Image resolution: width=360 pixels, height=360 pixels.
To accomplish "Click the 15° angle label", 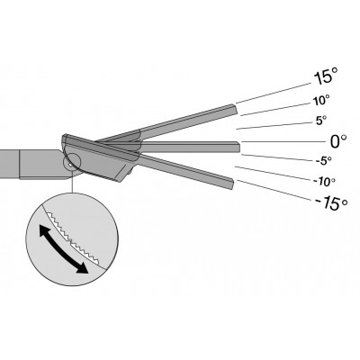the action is [326, 76].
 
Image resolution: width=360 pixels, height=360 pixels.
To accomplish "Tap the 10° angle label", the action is [321, 100].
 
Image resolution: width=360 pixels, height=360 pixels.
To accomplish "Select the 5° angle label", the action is [320, 120].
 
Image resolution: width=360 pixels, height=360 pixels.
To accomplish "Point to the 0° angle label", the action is [338, 141].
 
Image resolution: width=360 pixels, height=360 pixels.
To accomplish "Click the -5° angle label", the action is [324, 160].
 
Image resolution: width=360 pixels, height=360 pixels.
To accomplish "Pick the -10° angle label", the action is [324, 181].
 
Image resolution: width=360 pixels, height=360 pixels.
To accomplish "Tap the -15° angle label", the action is [331, 203].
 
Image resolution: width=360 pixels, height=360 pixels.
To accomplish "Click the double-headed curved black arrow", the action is [64, 249].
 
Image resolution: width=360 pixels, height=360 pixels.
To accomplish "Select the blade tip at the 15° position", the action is [235, 109].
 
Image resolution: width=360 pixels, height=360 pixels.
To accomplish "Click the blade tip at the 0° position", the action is [238, 147].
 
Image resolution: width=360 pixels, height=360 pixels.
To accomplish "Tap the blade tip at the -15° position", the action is [232, 184].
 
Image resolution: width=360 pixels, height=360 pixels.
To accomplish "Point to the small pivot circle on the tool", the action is [71, 161].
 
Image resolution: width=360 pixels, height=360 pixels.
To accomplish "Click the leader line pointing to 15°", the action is [274, 93].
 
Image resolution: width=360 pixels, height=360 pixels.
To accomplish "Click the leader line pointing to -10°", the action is [274, 173].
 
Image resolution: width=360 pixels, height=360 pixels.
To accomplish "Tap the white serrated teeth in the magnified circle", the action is [72, 238].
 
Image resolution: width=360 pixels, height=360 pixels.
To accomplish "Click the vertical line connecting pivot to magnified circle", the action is [72, 183].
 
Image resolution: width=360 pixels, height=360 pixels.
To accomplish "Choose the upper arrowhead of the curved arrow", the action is [45, 231].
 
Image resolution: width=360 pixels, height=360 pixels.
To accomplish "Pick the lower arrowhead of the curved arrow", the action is [82, 268].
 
